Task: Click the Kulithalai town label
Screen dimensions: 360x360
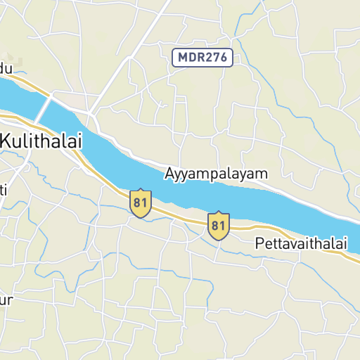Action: pyautogui.click(x=41, y=141)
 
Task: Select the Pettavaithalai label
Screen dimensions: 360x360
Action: pyautogui.click(x=301, y=244)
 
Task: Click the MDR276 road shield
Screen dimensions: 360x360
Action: pyautogui.click(x=202, y=58)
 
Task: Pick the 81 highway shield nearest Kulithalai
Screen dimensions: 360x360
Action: pyautogui.click(x=141, y=202)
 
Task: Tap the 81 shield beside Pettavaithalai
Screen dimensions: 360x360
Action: pyautogui.click(x=219, y=225)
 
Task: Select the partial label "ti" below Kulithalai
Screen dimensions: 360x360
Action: pyautogui.click(x=4, y=189)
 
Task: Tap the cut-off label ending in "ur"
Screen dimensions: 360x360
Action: pyautogui.click(x=6, y=301)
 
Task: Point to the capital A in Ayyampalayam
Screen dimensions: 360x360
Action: pyautogui.click(x=170, y=173)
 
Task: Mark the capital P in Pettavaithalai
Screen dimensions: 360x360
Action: pyautogui.click(x=260, y=244)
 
